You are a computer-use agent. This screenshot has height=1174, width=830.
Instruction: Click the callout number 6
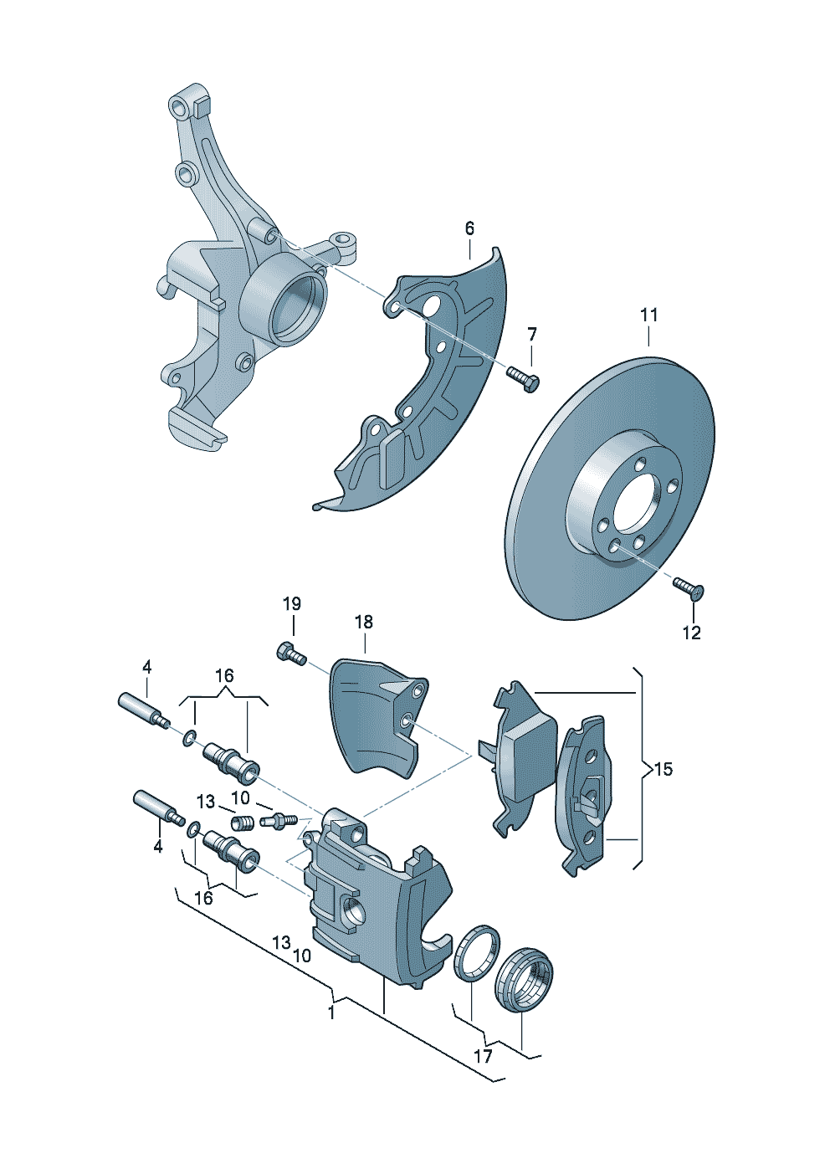469,228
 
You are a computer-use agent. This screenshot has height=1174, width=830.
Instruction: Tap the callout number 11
649,315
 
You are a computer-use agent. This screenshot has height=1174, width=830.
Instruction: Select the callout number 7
532,335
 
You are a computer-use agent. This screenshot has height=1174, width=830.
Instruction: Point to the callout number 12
691,633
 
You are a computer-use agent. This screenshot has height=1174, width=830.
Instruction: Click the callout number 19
291,604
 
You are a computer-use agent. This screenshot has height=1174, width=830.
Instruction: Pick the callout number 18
363,622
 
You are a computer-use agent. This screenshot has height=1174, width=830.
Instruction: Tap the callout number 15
663,768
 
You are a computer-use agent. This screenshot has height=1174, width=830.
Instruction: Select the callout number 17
483,1056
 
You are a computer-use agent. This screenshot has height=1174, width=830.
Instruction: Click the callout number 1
331,1013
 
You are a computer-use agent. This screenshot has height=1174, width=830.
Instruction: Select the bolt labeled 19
289,652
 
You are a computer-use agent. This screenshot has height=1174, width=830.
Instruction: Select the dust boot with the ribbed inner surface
525,980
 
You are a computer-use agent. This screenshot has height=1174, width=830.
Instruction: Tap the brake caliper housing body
377,904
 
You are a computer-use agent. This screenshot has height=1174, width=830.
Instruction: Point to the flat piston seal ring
477,952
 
